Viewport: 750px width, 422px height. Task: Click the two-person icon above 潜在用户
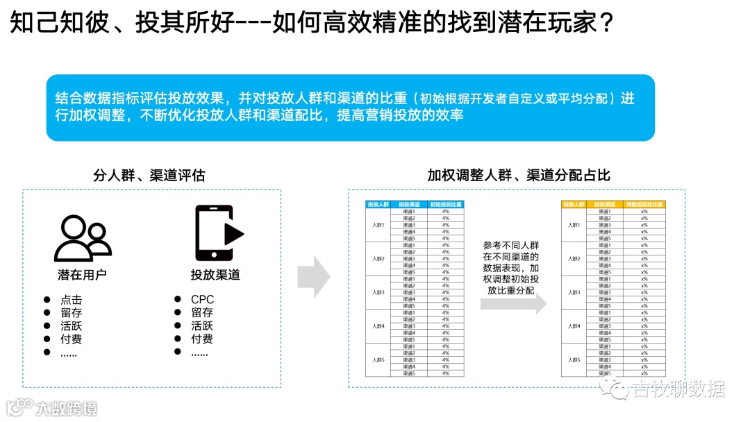click(83, 238)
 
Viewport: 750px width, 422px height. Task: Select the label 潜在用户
click(82, 274)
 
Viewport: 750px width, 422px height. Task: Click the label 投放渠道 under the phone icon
click(215, 274)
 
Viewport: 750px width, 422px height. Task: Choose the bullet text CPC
click(203, 300)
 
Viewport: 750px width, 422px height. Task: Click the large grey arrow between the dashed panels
click(313, 277)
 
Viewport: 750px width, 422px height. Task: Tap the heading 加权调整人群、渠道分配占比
click(519, 175)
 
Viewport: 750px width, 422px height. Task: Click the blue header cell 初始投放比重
click(446, 205)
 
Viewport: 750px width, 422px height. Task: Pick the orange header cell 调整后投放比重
click(644, 205)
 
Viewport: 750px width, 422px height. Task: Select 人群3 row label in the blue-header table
click(378, 292)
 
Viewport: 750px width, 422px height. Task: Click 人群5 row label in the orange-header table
click(574, 360)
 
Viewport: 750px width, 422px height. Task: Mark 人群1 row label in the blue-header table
click(378, 225)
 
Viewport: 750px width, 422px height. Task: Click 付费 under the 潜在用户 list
click(71, 339)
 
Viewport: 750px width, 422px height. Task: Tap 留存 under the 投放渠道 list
click(202, 313)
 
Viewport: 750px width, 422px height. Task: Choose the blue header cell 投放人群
click(378, 205)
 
